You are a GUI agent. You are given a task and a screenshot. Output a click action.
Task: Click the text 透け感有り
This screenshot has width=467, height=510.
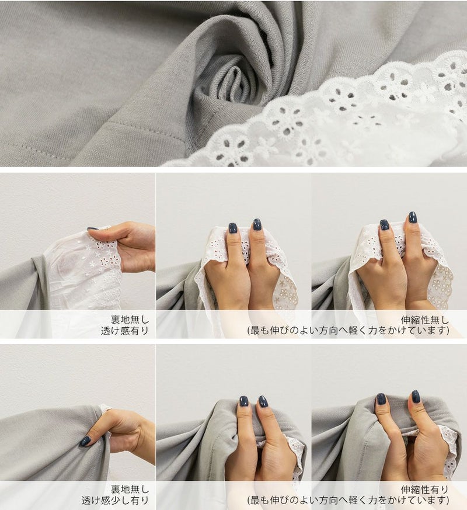click(x=125, y=331)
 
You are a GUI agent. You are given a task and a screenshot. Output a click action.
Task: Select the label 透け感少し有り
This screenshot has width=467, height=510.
click(x=115, y=501)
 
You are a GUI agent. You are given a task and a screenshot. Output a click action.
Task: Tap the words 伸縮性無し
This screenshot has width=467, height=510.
click(x=425, y=320)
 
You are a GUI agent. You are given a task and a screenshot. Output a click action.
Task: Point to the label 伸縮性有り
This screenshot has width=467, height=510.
click(x=425, y=490)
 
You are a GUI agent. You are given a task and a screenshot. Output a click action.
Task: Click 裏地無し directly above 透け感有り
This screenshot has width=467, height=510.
click(x=130, y=320)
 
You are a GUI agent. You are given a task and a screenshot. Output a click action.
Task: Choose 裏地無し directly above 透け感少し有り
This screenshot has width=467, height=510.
click(x=130, y=490)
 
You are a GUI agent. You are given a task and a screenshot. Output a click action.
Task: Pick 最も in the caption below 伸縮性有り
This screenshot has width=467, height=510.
click(x=260, y=501)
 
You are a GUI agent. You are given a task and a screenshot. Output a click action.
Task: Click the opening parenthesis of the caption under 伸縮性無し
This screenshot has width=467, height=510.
click(x=249, y=331)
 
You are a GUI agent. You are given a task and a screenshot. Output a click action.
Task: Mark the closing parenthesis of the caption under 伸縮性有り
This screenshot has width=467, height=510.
click(x=448, y=501)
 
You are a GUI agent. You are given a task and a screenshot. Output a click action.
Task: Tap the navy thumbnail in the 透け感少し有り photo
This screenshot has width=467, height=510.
click(x=85, y=442)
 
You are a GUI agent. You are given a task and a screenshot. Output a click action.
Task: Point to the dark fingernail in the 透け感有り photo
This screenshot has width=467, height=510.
click(x=93, y=229)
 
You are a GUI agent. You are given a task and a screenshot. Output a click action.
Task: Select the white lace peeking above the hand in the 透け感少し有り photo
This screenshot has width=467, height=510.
click(x=104, y=408)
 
